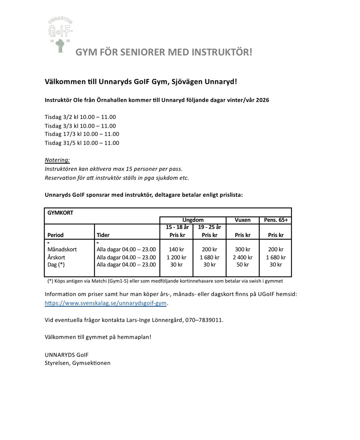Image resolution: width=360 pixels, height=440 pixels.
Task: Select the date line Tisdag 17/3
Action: click(82, 134)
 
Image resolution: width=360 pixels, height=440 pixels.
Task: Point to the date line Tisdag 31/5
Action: click(82, 143)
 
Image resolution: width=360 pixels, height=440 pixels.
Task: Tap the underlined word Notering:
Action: click(57, 160)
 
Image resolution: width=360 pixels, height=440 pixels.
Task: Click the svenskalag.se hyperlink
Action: click(105, 303)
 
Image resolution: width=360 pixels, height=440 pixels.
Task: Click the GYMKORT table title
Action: click(60, 213)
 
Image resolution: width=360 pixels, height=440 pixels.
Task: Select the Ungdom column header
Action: click(193, 220)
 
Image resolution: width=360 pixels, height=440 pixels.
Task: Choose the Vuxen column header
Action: click(242, 220)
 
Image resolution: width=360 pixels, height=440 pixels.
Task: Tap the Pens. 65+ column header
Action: click(276, 220)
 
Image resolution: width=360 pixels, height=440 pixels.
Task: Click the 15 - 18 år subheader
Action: click(177, 227)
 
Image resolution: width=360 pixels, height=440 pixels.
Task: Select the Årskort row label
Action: click(56, 257)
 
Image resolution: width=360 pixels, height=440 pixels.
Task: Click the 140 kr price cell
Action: click(176, 249)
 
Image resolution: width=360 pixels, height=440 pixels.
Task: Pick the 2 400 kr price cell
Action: click(242, 257)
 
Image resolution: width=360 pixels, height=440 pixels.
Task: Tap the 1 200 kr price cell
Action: click(176, 257)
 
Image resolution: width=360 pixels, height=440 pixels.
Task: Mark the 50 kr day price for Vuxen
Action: click(242, 265)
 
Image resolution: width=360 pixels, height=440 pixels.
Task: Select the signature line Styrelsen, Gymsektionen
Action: click(77, 363)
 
